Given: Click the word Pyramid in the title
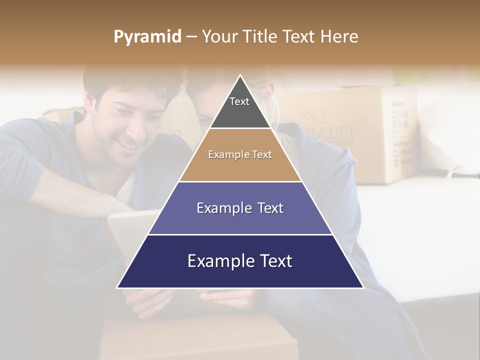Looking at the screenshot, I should click(147, 37).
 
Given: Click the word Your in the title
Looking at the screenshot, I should click(219, 37).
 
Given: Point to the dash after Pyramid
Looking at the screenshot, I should click(191, 37).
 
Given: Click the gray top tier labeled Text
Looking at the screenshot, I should click(239, 107).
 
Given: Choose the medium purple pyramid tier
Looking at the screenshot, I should click(240, 208).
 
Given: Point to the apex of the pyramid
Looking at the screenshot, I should click(240, 76).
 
